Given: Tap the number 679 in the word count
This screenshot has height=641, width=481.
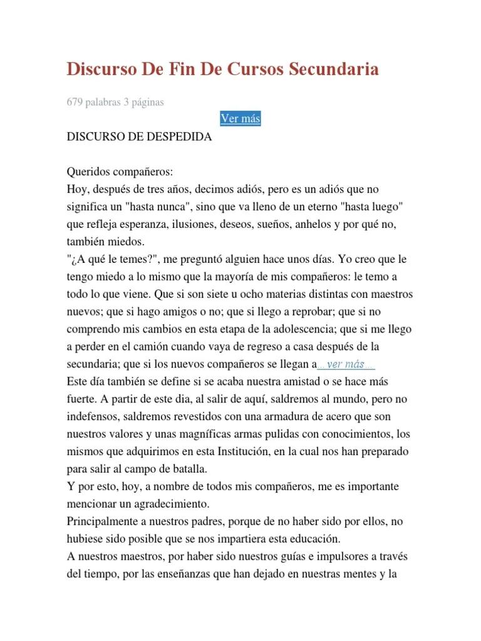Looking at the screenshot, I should pos(75,102).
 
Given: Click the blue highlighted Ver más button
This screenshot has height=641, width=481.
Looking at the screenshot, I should pos(240,118).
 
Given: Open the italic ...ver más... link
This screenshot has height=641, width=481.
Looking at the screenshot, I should pos(346,364).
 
